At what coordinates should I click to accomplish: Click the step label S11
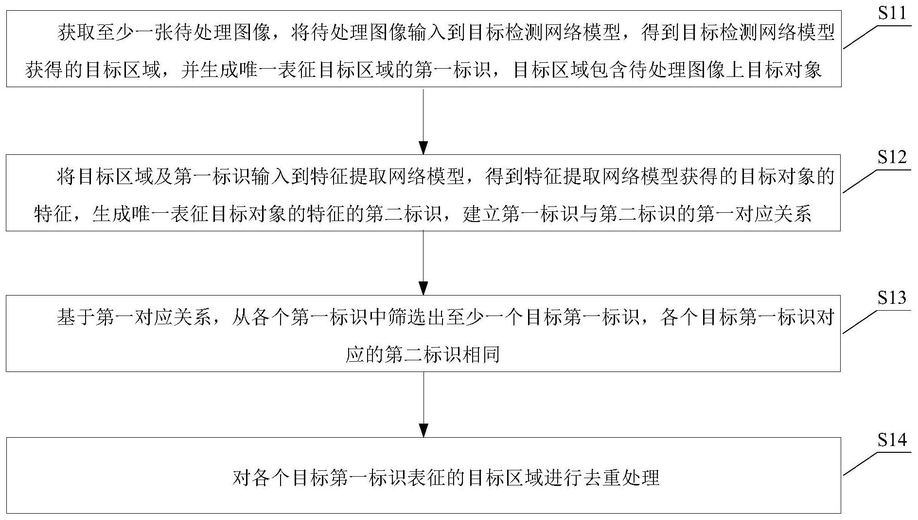892,13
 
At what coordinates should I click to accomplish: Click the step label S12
892,157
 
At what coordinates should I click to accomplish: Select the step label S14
892,440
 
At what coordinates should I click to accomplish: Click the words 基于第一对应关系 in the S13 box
134,317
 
